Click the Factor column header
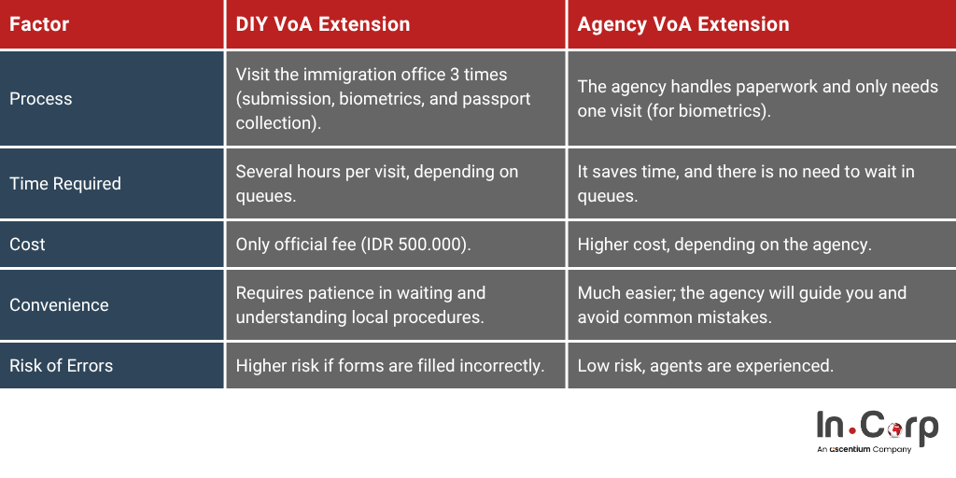39,24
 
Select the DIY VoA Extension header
323,24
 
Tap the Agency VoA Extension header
683,24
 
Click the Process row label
41,98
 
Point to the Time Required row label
65,183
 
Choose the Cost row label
27,244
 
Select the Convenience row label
59,304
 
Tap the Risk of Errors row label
61,365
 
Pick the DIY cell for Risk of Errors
390,365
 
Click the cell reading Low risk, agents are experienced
705,365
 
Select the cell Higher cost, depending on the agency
724,244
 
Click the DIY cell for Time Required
376,183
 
